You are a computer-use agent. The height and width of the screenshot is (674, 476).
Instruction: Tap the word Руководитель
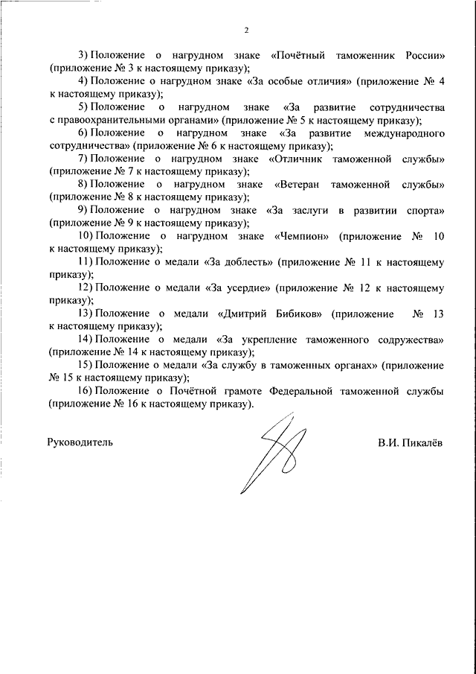click(x=80, y=442)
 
